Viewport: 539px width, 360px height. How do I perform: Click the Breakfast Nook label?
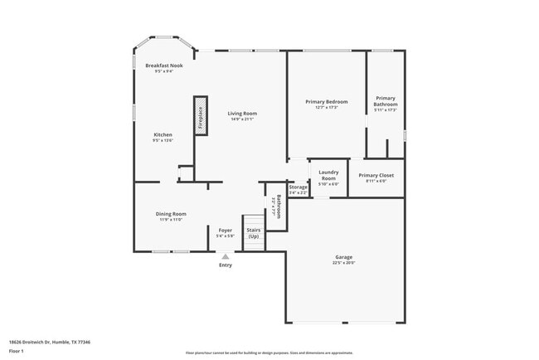tap(163, 66)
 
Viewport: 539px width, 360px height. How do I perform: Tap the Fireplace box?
tap(200, 114)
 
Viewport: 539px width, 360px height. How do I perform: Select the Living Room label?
tap(242, 113)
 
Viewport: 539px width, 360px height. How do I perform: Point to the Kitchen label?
tap(163, 134)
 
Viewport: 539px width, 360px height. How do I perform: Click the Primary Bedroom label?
tap(326, 101)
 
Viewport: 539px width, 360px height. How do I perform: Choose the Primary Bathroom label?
tap(386, 101)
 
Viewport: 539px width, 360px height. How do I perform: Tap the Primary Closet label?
tap(376, 175)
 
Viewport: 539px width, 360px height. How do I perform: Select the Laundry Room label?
tap(328, 175)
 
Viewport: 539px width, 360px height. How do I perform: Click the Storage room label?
tap(298, 187)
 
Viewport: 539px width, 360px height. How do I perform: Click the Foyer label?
tap(226, 230)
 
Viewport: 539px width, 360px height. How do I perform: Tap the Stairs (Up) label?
tap(253, 232)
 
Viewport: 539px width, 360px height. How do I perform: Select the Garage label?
tap(344, 257)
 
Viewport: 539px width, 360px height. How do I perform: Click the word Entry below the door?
tap(226, 265)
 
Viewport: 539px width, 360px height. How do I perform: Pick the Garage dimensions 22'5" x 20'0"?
tap(344, 263)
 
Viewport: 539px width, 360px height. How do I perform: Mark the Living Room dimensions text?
tap(242, 119)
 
